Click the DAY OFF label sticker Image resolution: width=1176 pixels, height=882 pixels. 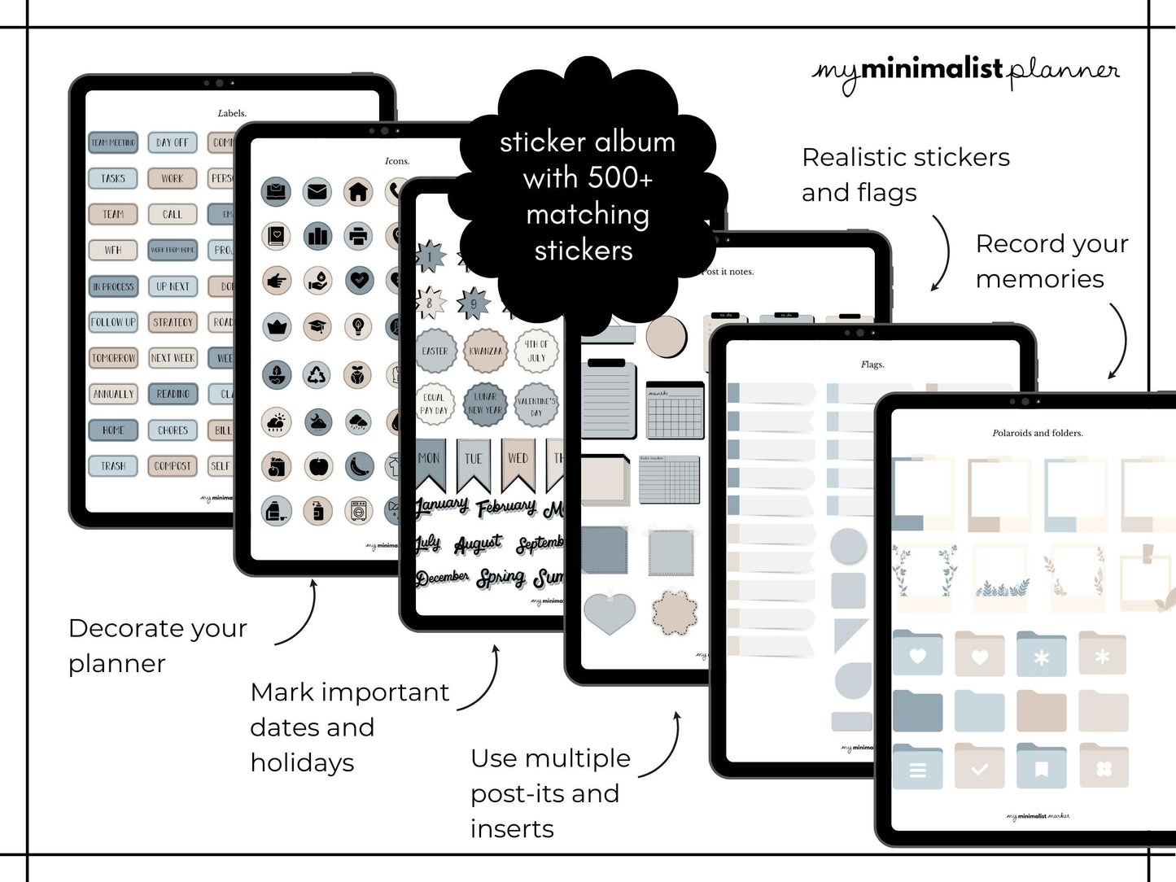pyautogui.click(x=172, y=142)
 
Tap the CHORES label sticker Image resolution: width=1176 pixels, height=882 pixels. pyautogui.click(x=173, y=430)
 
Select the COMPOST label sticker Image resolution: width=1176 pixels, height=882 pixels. pyautogui.click(x=173, y=466)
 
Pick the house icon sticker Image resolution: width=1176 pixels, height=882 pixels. pyautogui.click(x=358, y=192)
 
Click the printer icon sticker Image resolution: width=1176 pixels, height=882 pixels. pyautogui.click(x=358, y=237)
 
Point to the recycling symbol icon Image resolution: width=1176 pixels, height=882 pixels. pyautogui.click(x=317, y=375)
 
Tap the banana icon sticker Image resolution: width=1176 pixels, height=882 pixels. pyautogui.click(x=359, y=466)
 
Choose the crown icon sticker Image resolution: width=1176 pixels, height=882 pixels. pyautogui.click(x=277, y=327)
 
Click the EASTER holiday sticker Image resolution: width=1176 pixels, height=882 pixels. pyautogui.click(x=435, y=351)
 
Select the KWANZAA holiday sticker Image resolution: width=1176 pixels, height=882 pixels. pyautogui.click(x=486, y=351)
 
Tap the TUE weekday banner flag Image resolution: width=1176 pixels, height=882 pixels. pyautogui.click(x=474, y=463)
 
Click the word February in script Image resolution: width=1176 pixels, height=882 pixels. pyautogui.click(x=506, y=509)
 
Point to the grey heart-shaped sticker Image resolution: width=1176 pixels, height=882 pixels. pyautogui.click(x=610, y=614)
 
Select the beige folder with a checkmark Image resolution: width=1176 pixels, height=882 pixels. pyautogui.click(x=980, y=766)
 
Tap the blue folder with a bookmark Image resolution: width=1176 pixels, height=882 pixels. pyautogui.click(x=1041, y=766)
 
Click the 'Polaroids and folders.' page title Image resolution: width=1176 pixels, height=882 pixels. pyautogui.click(x=1038, y=433)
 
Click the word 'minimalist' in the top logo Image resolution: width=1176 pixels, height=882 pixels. pyautogui.click(x=932, y=70)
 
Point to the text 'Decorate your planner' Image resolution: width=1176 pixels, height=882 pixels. pyautogui.click(x=158, y=645)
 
